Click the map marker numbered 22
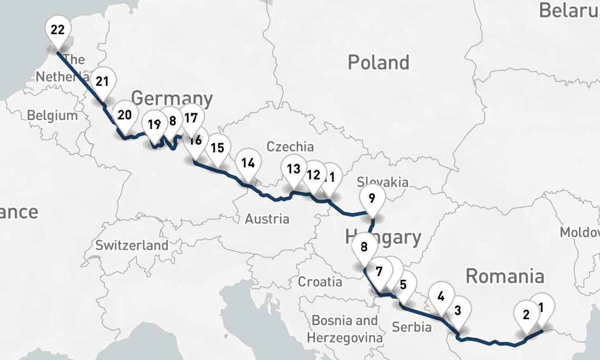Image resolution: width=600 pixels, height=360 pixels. tap(58, 30)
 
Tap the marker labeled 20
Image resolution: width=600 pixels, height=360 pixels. tap(124, 115)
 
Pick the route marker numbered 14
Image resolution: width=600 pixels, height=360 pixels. tap(248, 163)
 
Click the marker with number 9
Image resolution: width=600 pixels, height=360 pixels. tap(372, 197)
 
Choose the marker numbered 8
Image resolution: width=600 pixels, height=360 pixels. tap(364, 247)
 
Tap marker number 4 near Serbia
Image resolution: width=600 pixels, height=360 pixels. tap(441, 296)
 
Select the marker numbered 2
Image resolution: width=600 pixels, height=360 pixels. tap(526, 314)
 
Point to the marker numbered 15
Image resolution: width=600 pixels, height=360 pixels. tap(217, 147)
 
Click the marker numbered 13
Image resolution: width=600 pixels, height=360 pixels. tap(293, 169)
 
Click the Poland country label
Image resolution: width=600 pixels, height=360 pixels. tap(379, 62)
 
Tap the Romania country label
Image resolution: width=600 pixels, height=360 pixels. tap(505, 277)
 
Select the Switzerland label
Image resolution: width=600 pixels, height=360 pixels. tap(132, 245)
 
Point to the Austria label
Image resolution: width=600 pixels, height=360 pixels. tap(267, 219)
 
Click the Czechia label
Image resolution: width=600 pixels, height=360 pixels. tap(290, 146)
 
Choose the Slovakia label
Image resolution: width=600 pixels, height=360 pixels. tap(382, 182)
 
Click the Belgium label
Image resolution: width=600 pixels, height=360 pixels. tap(52, 115)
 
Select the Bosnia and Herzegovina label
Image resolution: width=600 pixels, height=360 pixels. tap(345, 329)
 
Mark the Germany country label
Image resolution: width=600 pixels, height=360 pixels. tap(172, 98)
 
